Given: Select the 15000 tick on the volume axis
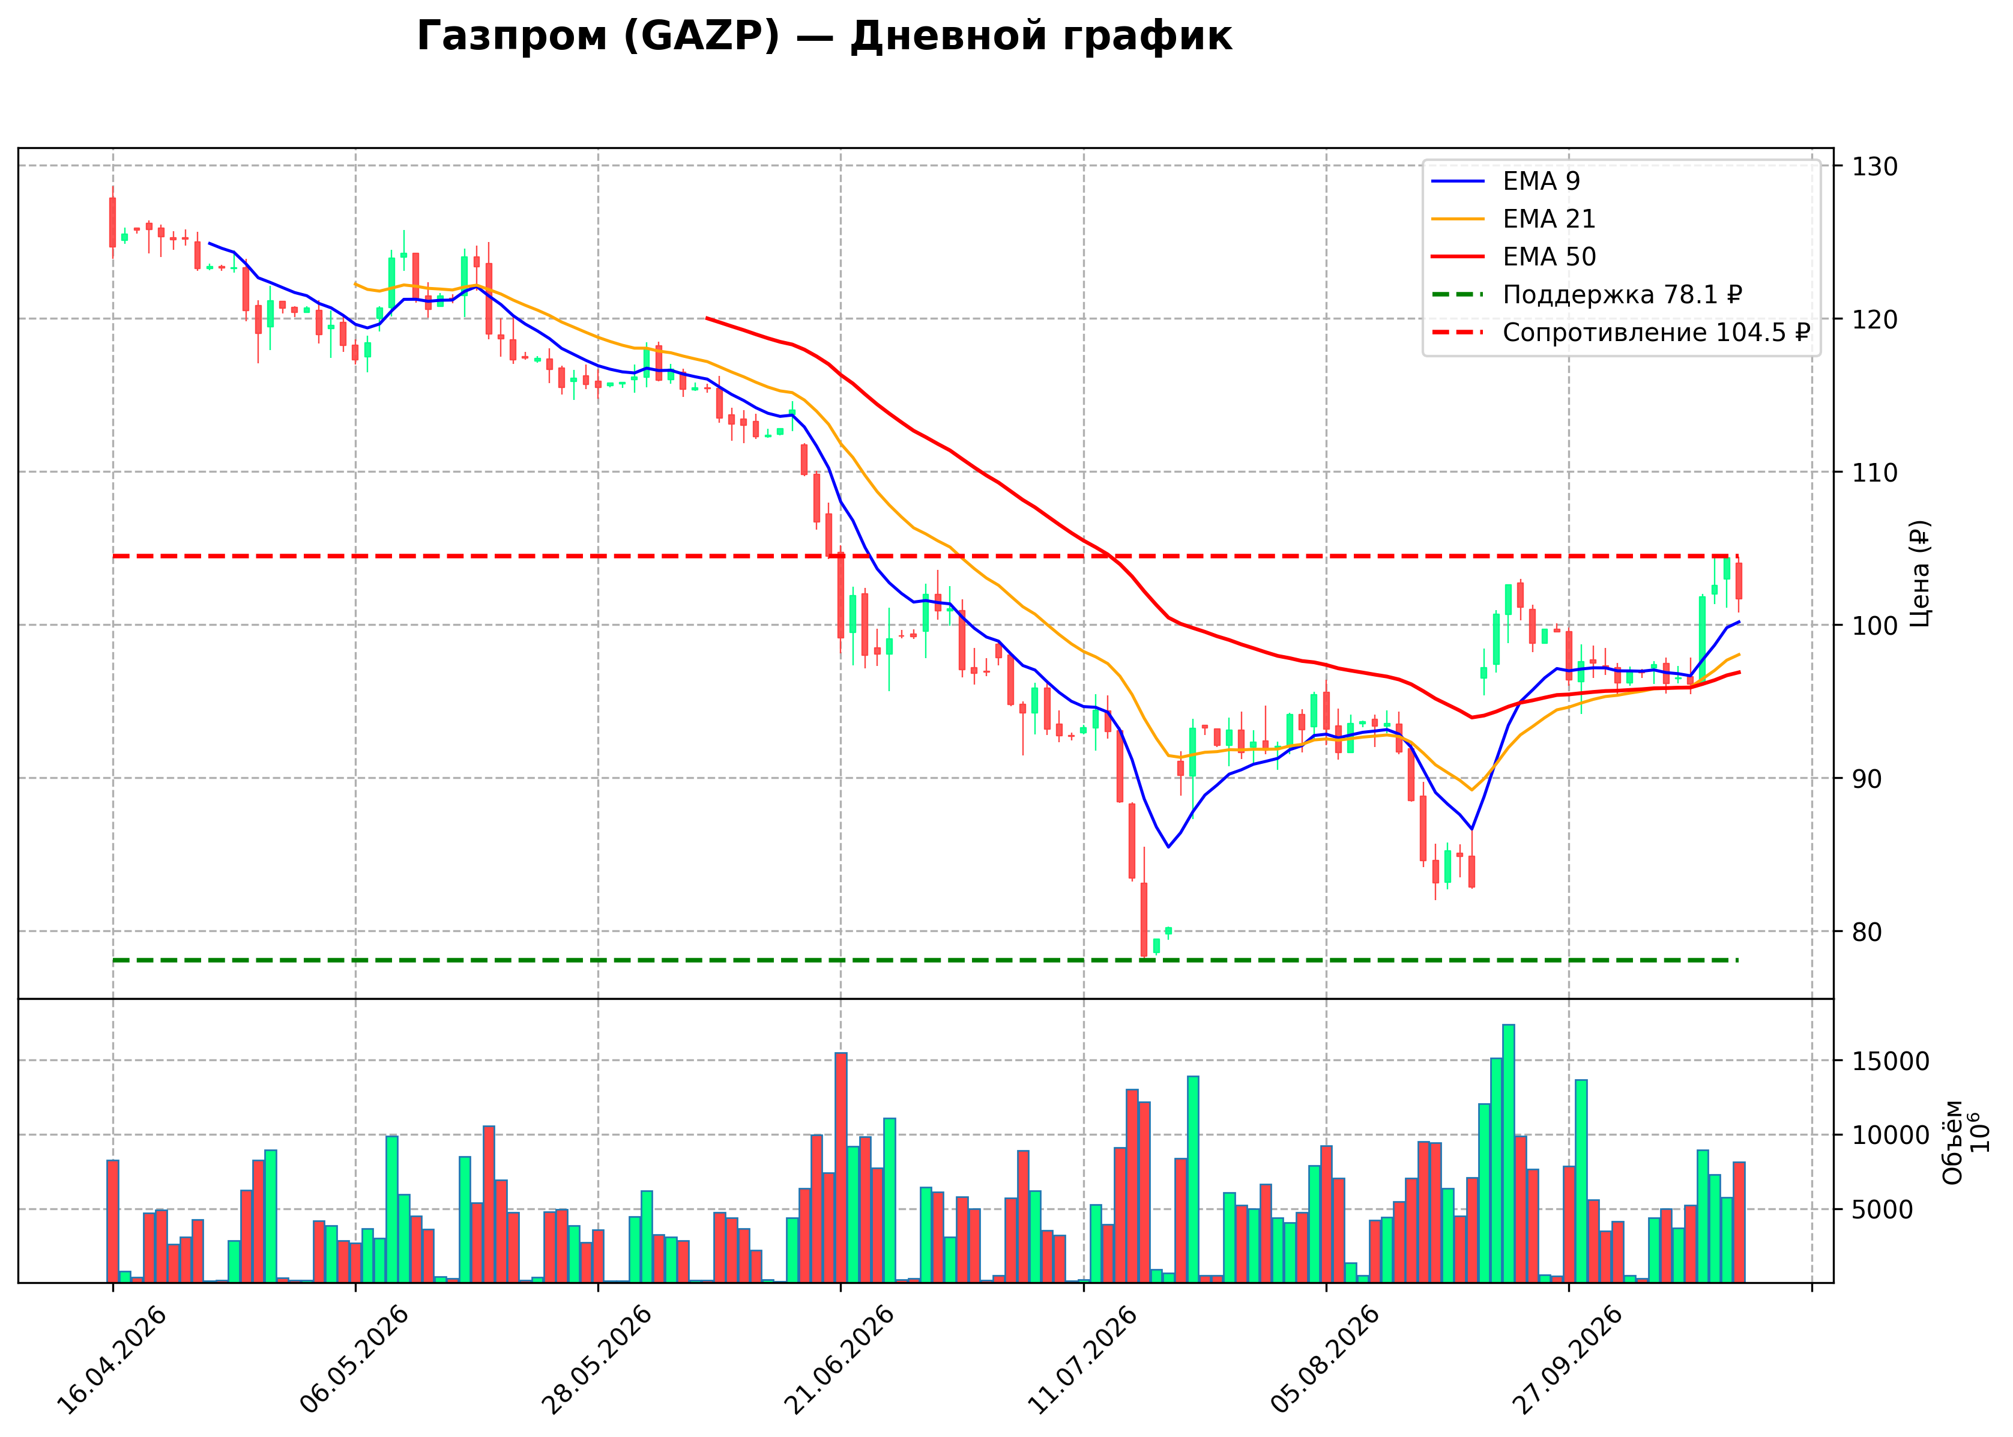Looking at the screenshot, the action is click(1891, 1062).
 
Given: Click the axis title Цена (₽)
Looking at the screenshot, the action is click(1919, 573).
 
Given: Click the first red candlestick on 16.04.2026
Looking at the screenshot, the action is click(112, 222).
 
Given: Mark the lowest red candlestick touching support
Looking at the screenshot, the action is click(1144, 919).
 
